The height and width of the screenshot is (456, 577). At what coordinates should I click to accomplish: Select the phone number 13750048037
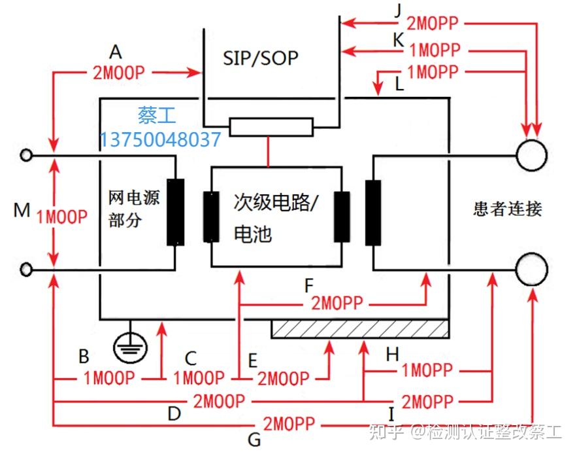coord(160,139)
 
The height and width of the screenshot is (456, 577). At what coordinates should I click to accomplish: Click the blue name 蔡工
coord(156,115)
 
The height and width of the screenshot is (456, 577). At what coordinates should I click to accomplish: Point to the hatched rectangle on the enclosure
coord(359,329)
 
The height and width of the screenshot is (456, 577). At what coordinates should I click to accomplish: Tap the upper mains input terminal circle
coord(27,156)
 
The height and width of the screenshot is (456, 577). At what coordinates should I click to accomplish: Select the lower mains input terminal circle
coord(27,269)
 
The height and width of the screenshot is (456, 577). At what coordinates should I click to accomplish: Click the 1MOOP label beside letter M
coord(62,217)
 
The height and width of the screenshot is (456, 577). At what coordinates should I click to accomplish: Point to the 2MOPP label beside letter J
coord(433,24)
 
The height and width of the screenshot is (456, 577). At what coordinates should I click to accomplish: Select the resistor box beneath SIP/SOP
coord(271,127)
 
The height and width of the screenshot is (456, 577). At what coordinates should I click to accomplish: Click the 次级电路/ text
coord(275,202)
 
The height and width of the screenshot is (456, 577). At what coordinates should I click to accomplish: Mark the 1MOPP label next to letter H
coord(426,370)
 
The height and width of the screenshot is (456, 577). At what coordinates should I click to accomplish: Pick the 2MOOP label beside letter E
coord(283,378)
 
